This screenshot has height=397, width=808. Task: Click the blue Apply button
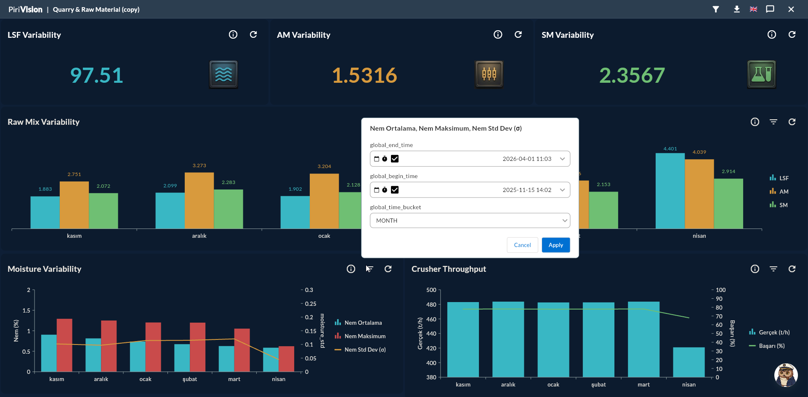pyautogui.click(x=555, y=245)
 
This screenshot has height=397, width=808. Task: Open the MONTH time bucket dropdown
pyautogui.click(x=470, y=221)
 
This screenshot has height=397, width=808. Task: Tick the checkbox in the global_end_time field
pyautogui.click(x=395, y=159)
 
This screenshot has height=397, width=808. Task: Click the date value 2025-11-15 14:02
pyautogui.click(x=527, y=190)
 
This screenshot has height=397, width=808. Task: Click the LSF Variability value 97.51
pyautogui.click(x=96, y=76)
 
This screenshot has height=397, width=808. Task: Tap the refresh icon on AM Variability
pyautogui.click(x=518, y=34)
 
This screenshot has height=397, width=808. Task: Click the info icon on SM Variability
pyautogui.click(x=771, y=34)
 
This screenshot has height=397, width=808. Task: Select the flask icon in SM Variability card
pyautogui.click(x=761, y=74)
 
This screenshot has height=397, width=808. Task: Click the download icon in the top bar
pyautogui.click(x=736, y=9)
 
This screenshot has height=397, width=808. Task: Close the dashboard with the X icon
pyautogui.click(x=791, y=9)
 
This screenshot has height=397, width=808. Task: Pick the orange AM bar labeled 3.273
pyautogui.click(x=199, y=200)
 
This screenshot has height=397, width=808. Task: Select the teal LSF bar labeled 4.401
pyautogui.click(x=670, y=191)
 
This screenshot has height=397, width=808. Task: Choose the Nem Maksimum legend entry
pyautogui.click(x=360, y=336)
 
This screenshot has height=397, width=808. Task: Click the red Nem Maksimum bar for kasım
pyautogui.click(x=64, y=345)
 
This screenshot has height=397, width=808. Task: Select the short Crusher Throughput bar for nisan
pyautogui.click(x=688, y=362)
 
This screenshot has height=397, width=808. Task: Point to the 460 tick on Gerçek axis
pyautogui.click(x=431, y=319)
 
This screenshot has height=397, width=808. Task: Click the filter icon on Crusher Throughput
pyautogui.click(x=773, y=269)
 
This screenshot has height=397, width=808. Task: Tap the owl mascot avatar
pyautogui.click(x=786, y=375)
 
